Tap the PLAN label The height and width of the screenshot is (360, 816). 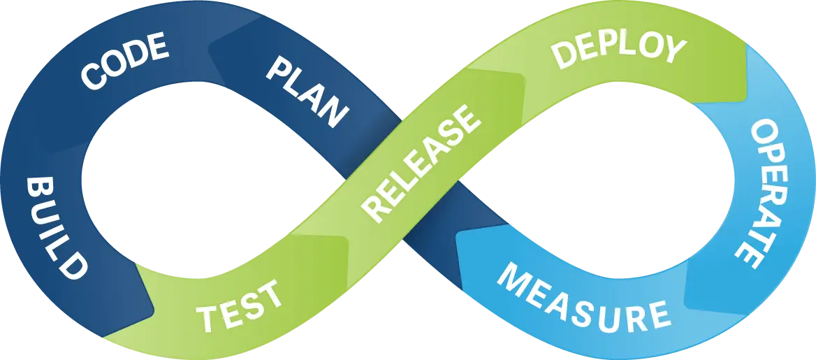point(307,90)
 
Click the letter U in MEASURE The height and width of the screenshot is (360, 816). point(607,312)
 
